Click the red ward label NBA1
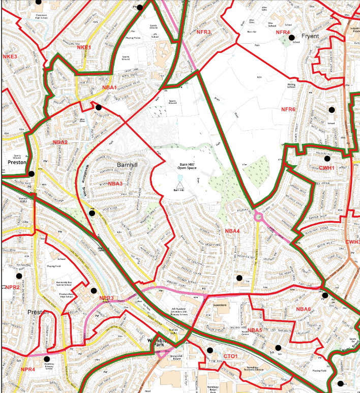109,88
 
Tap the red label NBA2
60,142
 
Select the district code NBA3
115,184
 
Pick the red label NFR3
203,33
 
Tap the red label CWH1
326,168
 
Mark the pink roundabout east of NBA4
260,218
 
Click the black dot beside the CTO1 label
210,350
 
